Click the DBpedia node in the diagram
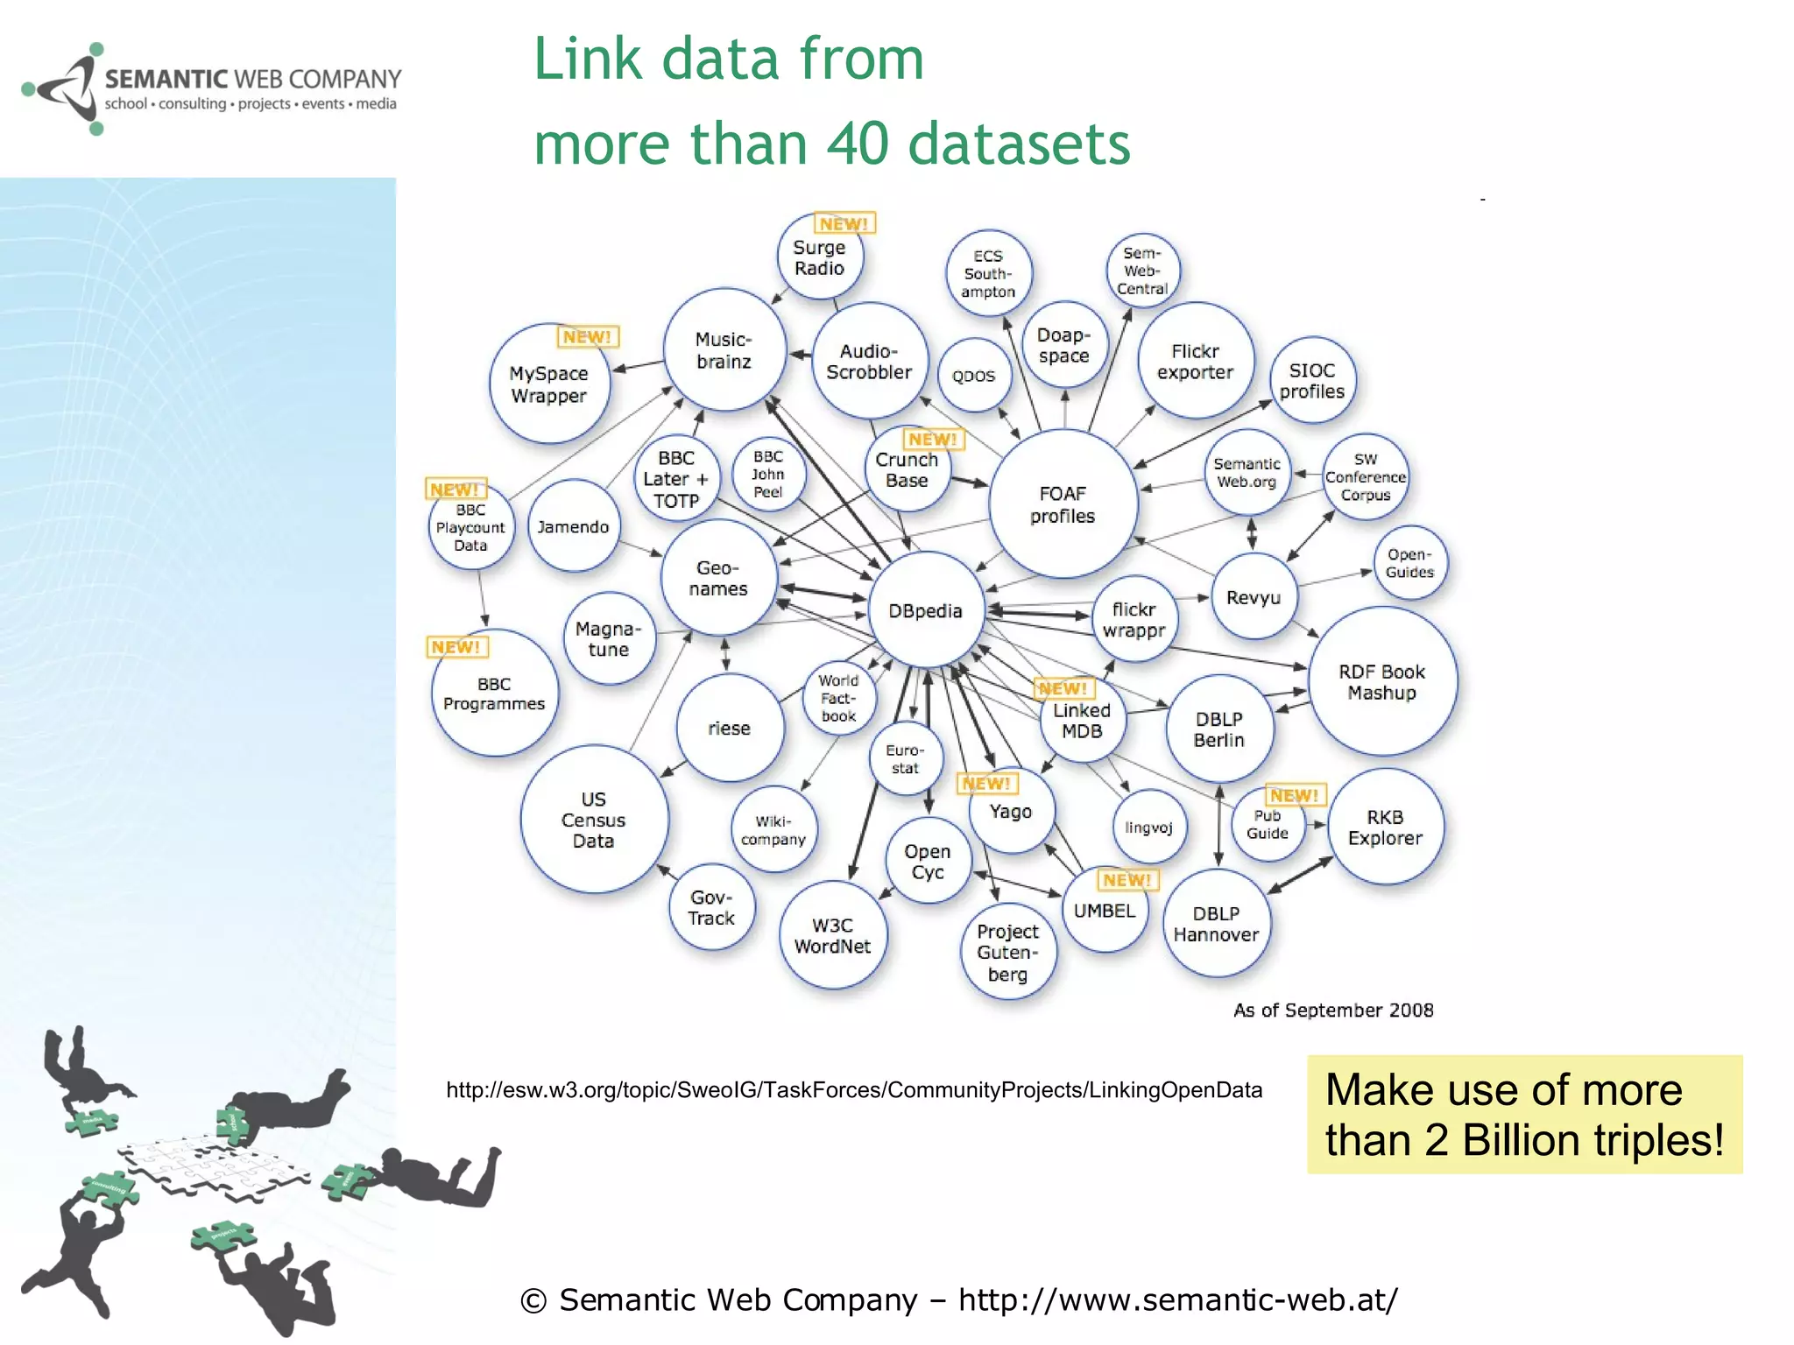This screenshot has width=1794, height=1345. pyautogui.click(x=925, y=610)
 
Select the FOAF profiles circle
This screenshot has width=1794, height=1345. pyautogui.click(x=1063, y=504)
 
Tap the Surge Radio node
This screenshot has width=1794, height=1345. pyautogui.click(x=819, y=257)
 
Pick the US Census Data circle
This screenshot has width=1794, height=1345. pyautogui.click(x=593, y=820)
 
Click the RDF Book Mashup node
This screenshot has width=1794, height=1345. pyautogui.click(x=1381, y=681)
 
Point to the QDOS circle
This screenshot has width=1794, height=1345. pyautogui.click(x=973, y=376)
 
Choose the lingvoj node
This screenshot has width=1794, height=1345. pyautogui.click(x=1148, y=827)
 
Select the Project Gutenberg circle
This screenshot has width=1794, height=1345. pyautogui.click(x=1007, y=952)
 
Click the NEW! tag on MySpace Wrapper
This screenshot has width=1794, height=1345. pyautogui.click(x=587, y=337)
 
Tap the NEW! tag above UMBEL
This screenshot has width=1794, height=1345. pyautogui.click(x=1127, y=880)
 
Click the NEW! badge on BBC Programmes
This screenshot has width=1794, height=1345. pyautogui.click(x=456, y=647)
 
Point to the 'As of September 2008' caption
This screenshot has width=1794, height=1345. pyautogui.click(x=1333, y=1011)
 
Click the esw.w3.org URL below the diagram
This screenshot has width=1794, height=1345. pyautogui.click(x=854, y=1090)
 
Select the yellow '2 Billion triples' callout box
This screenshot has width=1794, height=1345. pyautogui.click(x=1524, y=1115)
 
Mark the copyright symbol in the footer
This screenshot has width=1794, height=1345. pyautogui.click(x=533, y=1301)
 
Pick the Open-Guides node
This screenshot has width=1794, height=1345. pyautogui.click(x=1409, y=563)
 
